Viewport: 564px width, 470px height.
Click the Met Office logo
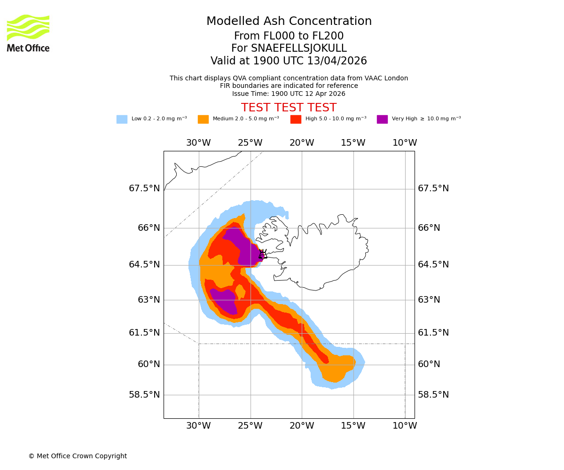tap(28, 33)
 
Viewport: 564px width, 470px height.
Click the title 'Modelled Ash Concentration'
tap(289, 22)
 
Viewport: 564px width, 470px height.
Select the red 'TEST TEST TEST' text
tap(289, 108)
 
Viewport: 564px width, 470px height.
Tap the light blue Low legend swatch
tap(122, 119)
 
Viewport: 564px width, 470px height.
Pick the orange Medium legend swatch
tap(203, 119)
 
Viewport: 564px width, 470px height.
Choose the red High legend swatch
tap(296, 119)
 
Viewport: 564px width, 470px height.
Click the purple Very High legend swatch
tap(382, 119)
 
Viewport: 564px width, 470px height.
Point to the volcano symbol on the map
tap(262, 254)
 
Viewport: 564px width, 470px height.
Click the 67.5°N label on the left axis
tap(144, 188)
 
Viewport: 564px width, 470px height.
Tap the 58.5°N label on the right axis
tap(433, 395)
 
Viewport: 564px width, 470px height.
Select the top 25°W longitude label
tap(250, 143)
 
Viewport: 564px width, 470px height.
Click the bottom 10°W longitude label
tap(405, 426)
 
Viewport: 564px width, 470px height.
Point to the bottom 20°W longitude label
tap(302, 426)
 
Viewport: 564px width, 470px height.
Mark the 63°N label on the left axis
tap(149, 300)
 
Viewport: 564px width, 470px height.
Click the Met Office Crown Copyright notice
tap(78, 456)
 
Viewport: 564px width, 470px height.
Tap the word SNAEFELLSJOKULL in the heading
tap(299, 48)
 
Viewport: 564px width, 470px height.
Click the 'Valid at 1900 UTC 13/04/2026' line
tap(289, 61)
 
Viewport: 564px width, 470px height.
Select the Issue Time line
tap(289, 94)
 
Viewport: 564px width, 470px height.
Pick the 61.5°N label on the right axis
tap(433, 333)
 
